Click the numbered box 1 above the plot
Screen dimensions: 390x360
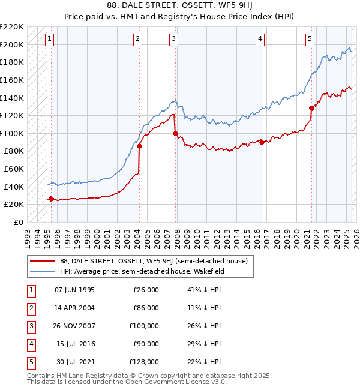[x=49, y=39]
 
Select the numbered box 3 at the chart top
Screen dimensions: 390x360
[x=173, y=39]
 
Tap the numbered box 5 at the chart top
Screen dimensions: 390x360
[x=310, y=39]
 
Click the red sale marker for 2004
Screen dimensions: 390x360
[x=139, y=146]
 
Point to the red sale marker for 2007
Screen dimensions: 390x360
[x=176, y=133]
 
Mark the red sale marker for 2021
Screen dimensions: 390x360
[x=312, y=109]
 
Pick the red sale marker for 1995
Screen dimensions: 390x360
[x=51, y=199]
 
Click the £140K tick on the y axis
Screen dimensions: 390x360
[x=13, y=98]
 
